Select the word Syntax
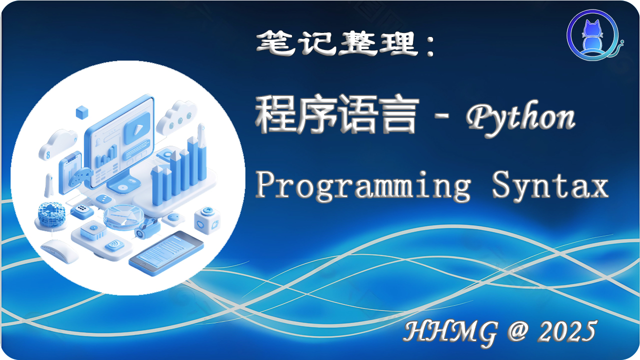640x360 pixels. (550, 186)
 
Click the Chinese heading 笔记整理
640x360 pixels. (337, 43)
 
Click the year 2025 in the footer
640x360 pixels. (568, 330)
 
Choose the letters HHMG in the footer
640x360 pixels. (450, 330)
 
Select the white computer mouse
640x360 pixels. (59, 250)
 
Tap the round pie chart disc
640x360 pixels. (122, 217)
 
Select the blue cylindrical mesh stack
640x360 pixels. (50, 215)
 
